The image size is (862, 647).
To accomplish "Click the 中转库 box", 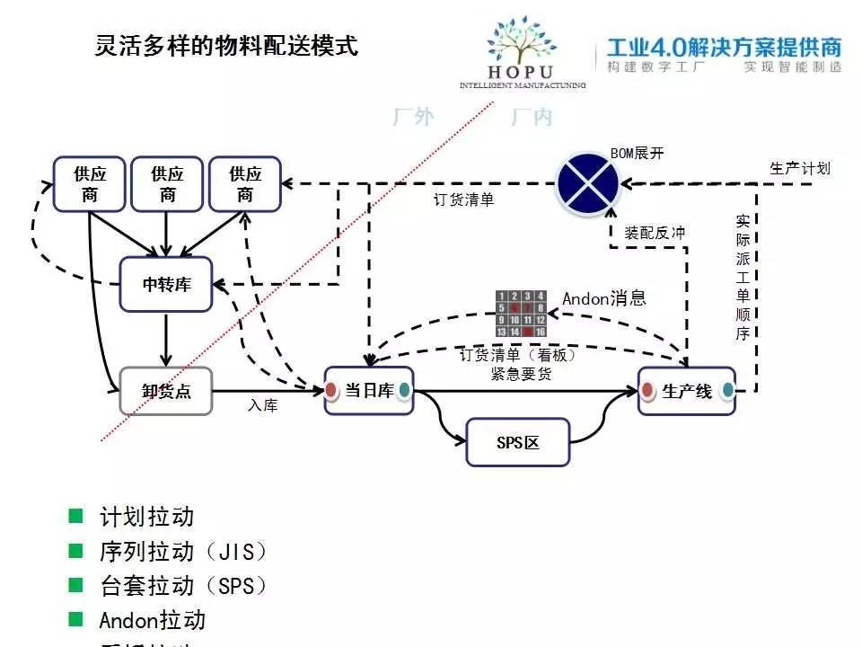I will coord(166,285).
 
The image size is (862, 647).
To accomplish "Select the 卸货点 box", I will coord(166,391).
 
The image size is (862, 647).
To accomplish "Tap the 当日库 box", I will coord(368,391).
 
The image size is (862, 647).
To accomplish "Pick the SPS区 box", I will coord(517,442).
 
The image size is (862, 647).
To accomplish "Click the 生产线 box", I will coord(687,391).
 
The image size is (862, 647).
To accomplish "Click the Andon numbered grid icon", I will coord(521,314).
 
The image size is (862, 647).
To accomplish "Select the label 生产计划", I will coord(799,168).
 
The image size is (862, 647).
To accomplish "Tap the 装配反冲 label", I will coord(655,233).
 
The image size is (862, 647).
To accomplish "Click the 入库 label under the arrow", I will coord(263,406).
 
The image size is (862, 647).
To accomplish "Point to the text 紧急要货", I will coord(521,374).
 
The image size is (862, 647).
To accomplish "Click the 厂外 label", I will coord(412,118).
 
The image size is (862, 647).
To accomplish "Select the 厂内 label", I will coord(532,118).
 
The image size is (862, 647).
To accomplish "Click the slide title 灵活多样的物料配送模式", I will coord(226,46).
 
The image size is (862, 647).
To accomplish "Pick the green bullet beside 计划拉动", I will coord(75,517).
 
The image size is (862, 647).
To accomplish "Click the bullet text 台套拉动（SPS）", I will coord(184,586).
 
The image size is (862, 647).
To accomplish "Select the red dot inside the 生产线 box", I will coord(648,391).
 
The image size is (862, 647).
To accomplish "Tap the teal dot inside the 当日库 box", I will coord(404,390).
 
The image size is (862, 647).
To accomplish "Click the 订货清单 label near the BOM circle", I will coord(463,199).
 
